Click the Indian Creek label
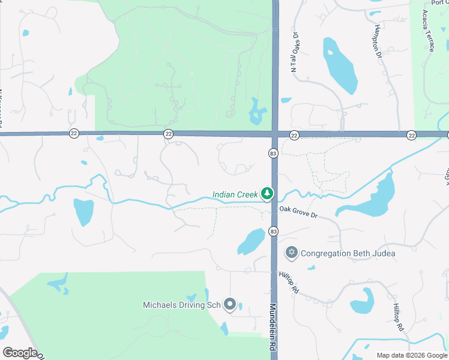235,194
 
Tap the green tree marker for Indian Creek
267,194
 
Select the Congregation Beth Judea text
348,253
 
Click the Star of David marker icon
292,253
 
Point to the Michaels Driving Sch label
181,305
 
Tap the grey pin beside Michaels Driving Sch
230,305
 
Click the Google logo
20,353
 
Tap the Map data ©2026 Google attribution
411,355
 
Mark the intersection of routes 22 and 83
275,134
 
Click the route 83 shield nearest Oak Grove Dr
274,231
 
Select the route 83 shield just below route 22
274,154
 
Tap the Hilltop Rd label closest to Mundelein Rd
289,282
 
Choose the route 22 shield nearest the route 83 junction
294,135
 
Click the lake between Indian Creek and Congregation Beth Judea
251,242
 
